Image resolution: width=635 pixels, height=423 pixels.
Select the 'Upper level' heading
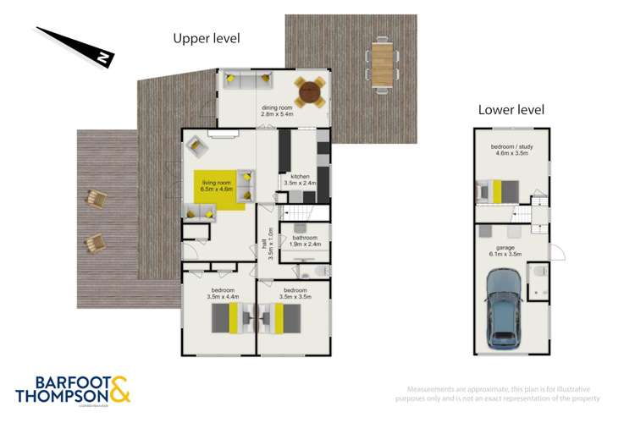tap(206, 38)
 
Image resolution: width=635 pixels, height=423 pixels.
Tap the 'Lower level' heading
tap(511, 110)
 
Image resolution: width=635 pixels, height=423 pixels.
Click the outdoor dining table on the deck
tap(384, 63)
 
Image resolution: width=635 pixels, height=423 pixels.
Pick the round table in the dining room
tap(309, 90)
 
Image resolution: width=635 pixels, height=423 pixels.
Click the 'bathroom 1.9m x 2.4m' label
tap(306, 241)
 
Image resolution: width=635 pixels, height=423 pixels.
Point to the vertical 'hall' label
tap(269, 244)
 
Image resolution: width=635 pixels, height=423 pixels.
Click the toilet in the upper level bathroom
tap(315, 270)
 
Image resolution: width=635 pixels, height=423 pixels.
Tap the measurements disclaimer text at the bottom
tap(500, 393)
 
